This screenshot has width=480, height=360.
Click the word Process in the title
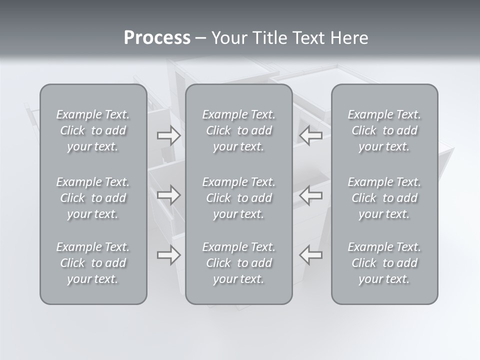click(157, 38)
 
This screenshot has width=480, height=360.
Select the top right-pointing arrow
click(168, 135)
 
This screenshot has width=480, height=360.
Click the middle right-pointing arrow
click(168, 195)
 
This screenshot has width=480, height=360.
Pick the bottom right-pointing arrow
click(168, 255)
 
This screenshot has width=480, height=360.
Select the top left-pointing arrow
click(311, 135)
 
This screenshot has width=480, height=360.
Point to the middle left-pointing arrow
click(311, 195)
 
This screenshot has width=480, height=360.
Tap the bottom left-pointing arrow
click(311, 255)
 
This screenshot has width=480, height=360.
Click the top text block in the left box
click(93, 130)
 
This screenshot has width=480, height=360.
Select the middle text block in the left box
click(93, 198)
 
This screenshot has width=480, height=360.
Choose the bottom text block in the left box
click(93, 263)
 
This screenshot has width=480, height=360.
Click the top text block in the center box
click(239, 130)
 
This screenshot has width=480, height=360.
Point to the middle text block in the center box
click(239, 198)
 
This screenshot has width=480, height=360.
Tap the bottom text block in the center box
click(239, 263)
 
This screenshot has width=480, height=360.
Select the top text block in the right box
click(384, 130)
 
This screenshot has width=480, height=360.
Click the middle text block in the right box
click(384, 198)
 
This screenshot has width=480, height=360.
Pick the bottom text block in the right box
click(384, 263)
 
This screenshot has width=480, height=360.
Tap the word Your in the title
click(228, 38)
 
